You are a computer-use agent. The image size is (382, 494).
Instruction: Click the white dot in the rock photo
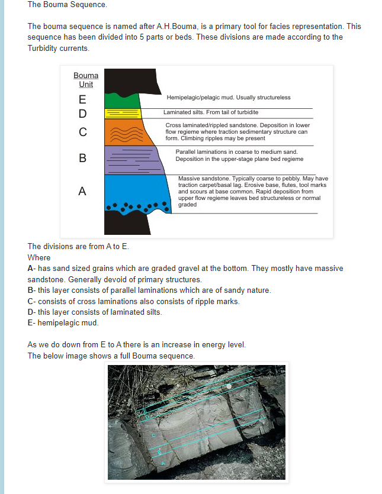pyautogui.click(x=229, y=386)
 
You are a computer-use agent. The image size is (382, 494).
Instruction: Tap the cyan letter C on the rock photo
pyautogui.click(x=153, y=435)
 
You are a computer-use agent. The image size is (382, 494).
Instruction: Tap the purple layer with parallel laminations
pyautogui.click(x=130, y=159)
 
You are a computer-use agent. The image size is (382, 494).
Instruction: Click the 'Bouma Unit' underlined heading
pyautogui.click(x=86, y=80)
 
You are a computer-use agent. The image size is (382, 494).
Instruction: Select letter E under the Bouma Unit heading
pyautogui.click(x=82, y=99)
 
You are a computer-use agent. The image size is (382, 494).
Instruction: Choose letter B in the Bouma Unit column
pyautogui.click(x=82, y=158)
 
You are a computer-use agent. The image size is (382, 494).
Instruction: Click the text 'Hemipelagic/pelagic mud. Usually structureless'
pyautogui.click(x=229, y=98)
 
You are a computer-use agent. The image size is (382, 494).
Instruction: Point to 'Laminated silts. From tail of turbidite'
pyautogui.click(x=211, y=112)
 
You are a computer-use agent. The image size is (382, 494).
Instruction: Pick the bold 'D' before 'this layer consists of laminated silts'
pyautogui.click(x=31, y=312)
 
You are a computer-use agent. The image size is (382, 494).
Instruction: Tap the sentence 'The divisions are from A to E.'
pyautogui.click(x=78, y=247)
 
